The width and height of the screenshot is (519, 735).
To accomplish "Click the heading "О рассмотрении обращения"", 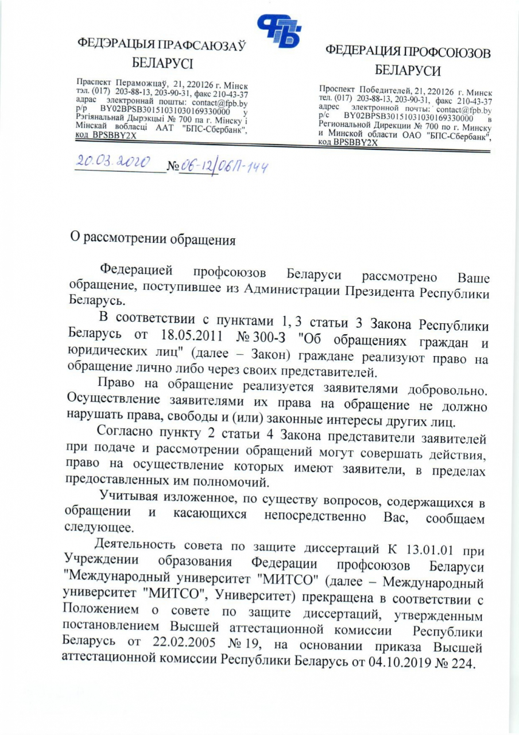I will point(152,237).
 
